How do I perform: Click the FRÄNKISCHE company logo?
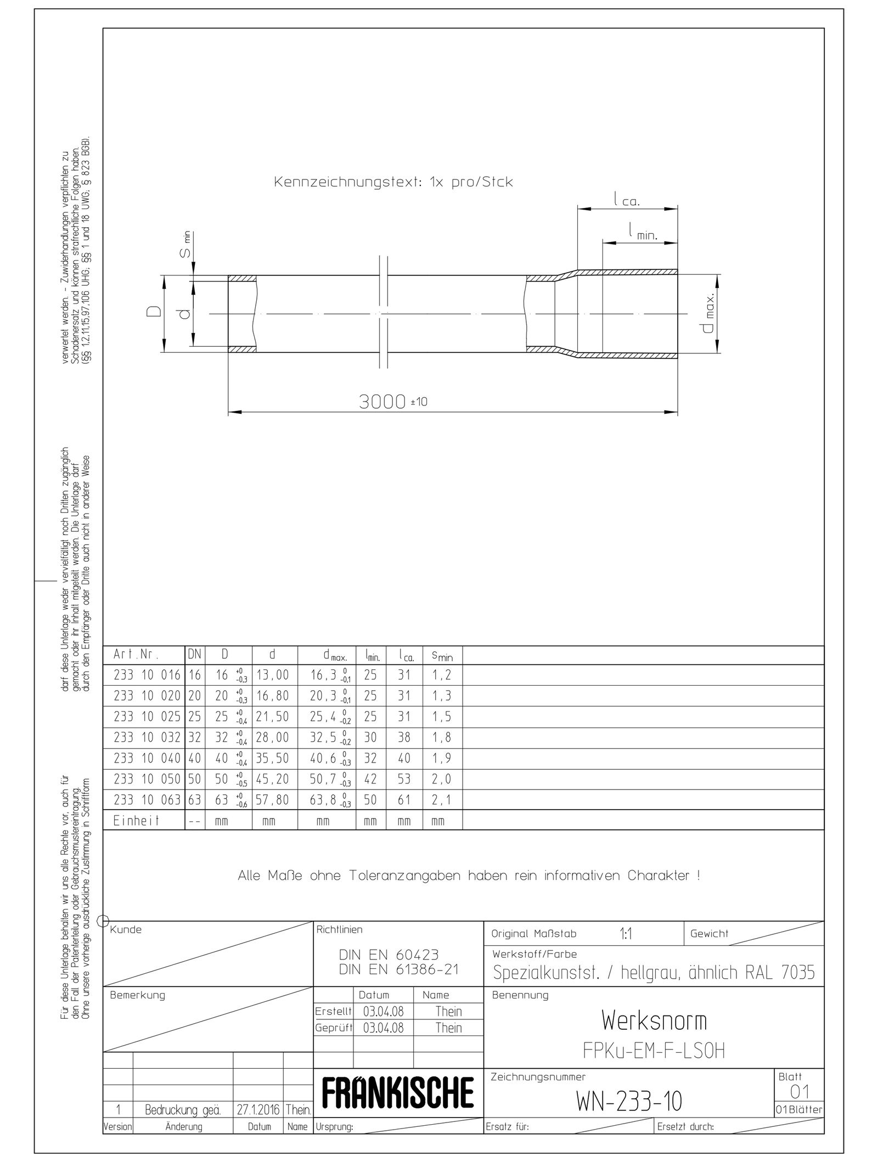coord(398,1093)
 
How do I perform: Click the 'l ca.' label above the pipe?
coord(627,200)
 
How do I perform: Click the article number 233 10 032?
coord(147,737)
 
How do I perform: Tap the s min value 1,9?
coord(442,758)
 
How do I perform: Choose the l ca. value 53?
coord(404,779)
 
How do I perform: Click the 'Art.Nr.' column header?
coord(136,655)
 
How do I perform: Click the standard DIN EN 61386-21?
coord(398,970)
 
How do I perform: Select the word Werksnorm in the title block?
coord(654,1020)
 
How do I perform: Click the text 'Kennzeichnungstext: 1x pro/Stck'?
coord(393,182)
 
